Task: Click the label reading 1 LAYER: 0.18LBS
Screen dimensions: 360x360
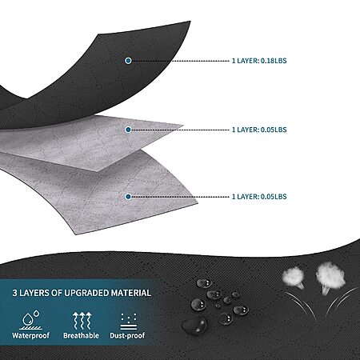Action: click(x=259, y=61)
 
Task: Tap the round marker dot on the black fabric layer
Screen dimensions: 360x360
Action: click(x=128, y=61)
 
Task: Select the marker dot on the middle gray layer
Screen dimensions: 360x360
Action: click(x=128, y=130)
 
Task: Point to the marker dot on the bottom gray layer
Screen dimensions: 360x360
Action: click(x=128, y=197)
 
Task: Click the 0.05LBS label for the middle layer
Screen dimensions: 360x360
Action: click(x=259, y=130)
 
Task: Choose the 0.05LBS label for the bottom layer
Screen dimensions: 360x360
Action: click(x=259, y=197)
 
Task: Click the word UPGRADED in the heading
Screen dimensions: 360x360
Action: click(x=86, y=293)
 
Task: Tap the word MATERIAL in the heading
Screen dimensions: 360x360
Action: click(x=131, y=293)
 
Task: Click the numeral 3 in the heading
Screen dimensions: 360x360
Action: click(x=15, y=293)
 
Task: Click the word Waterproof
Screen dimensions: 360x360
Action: click(x=30, y=335)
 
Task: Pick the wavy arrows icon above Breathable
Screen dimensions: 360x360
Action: click(x=82, y=320)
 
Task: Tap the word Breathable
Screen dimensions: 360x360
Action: click(x=81, y=335)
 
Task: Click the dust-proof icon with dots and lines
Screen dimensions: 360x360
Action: click(x=129, y=322)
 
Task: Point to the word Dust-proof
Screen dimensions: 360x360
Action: click(x=127, y=335)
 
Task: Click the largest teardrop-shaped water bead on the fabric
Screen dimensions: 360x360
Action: click(x=194, y=326)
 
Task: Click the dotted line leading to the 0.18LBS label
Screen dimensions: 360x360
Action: click(x=181, y=61)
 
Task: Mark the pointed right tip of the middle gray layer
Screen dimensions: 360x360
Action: click(x=183, y=125)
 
